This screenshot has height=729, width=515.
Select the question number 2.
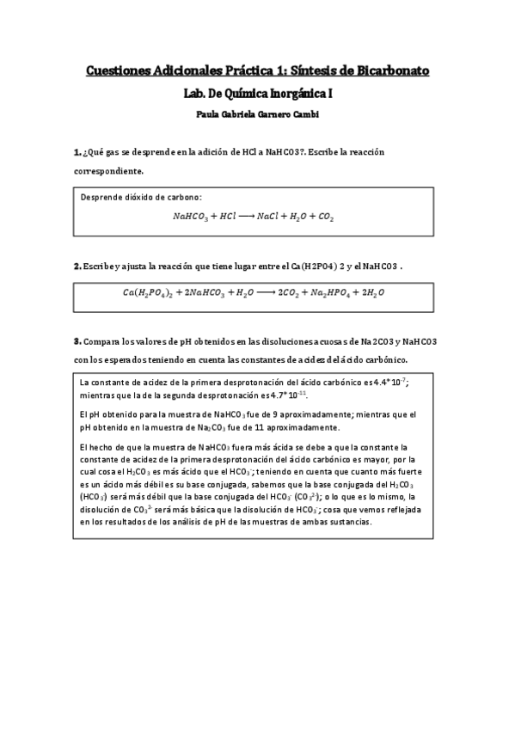pyautogui.click(x=77, y=266)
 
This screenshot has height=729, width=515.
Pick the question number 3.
pyautogui.click(x=77, y=340)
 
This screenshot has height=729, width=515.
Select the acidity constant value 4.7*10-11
pyautogui.click(x=290, y=395)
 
